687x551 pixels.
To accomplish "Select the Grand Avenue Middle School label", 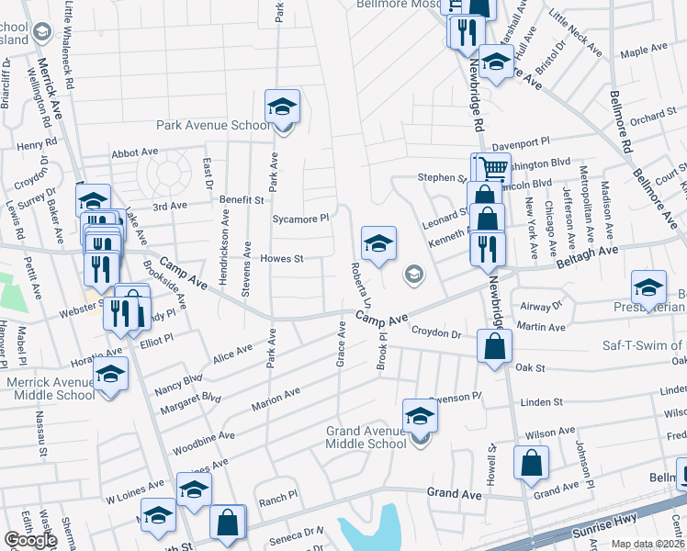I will pyautogui.click(x=366, y=437).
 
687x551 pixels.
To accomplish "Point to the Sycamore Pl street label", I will pyautogui.click(x=300, y=219).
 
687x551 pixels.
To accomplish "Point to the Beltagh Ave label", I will pyautogui.click(x=588, y=261).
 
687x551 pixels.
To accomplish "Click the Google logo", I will pyautogui.click(x=30, y=540).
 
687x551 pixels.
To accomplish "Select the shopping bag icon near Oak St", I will pyautogui.click(x=494, y=346).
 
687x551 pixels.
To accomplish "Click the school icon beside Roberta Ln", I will pyautogui.click(x=378, y=243).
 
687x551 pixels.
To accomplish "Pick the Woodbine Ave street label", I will pyautogui.click(x=209, y=433).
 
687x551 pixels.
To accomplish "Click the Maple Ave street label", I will pyautogui.click(x=643, y=53).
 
